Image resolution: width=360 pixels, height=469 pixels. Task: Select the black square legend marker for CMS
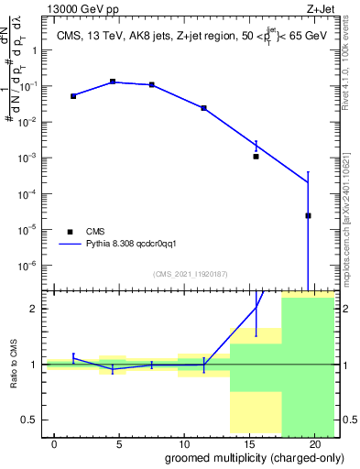click(68, 231)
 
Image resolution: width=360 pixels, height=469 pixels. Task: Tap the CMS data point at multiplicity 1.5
click(73, 95)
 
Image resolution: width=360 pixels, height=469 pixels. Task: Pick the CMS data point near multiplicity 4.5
click(113, 82)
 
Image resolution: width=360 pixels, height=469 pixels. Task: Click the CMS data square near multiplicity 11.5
click(203, 108)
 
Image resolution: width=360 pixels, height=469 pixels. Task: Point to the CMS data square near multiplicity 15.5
click(256, 157)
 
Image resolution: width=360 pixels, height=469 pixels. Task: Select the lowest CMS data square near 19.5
click(308, 216)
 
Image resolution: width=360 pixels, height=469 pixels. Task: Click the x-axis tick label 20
click(314, 443)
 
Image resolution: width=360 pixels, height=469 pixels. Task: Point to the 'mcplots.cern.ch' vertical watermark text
click(349, 229)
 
